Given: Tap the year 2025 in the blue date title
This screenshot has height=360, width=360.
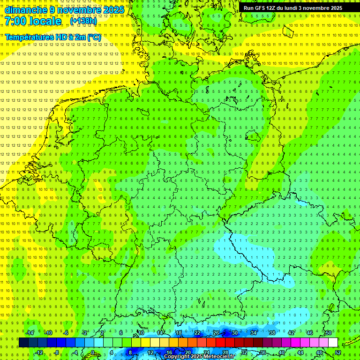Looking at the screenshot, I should pyautogui.click(x=112, y=10).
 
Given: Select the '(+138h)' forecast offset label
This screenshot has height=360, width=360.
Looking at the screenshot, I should pyautogui.click(x=83, y=21).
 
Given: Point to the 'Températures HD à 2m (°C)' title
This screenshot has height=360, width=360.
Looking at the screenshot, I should pyautogui.click(x=52, y=37).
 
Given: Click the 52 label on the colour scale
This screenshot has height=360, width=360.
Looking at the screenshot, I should pyautogui.click(x=338, y=352).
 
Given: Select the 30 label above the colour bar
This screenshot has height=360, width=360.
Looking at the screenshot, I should pyautogui.click(x=235, y=333).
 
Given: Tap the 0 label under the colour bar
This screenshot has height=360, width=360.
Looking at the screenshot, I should pyautogui.click(x=93, y=352).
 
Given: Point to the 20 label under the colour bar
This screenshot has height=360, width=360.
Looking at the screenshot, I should pyautogui.click(x=187, y=352).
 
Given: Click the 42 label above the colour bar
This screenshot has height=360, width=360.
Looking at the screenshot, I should pyautogui.click(x=291, y=333).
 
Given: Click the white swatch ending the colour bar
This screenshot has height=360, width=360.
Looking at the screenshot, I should pyautogui.click(x=333, y=343).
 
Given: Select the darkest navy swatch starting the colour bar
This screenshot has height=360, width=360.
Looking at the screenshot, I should pyautogui.click(x=23, y=343).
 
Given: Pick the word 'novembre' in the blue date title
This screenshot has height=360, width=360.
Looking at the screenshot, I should pyautogui.click(x=76, y=10).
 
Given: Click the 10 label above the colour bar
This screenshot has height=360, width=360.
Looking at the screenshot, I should pyautogui.click(x=141, y=333).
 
